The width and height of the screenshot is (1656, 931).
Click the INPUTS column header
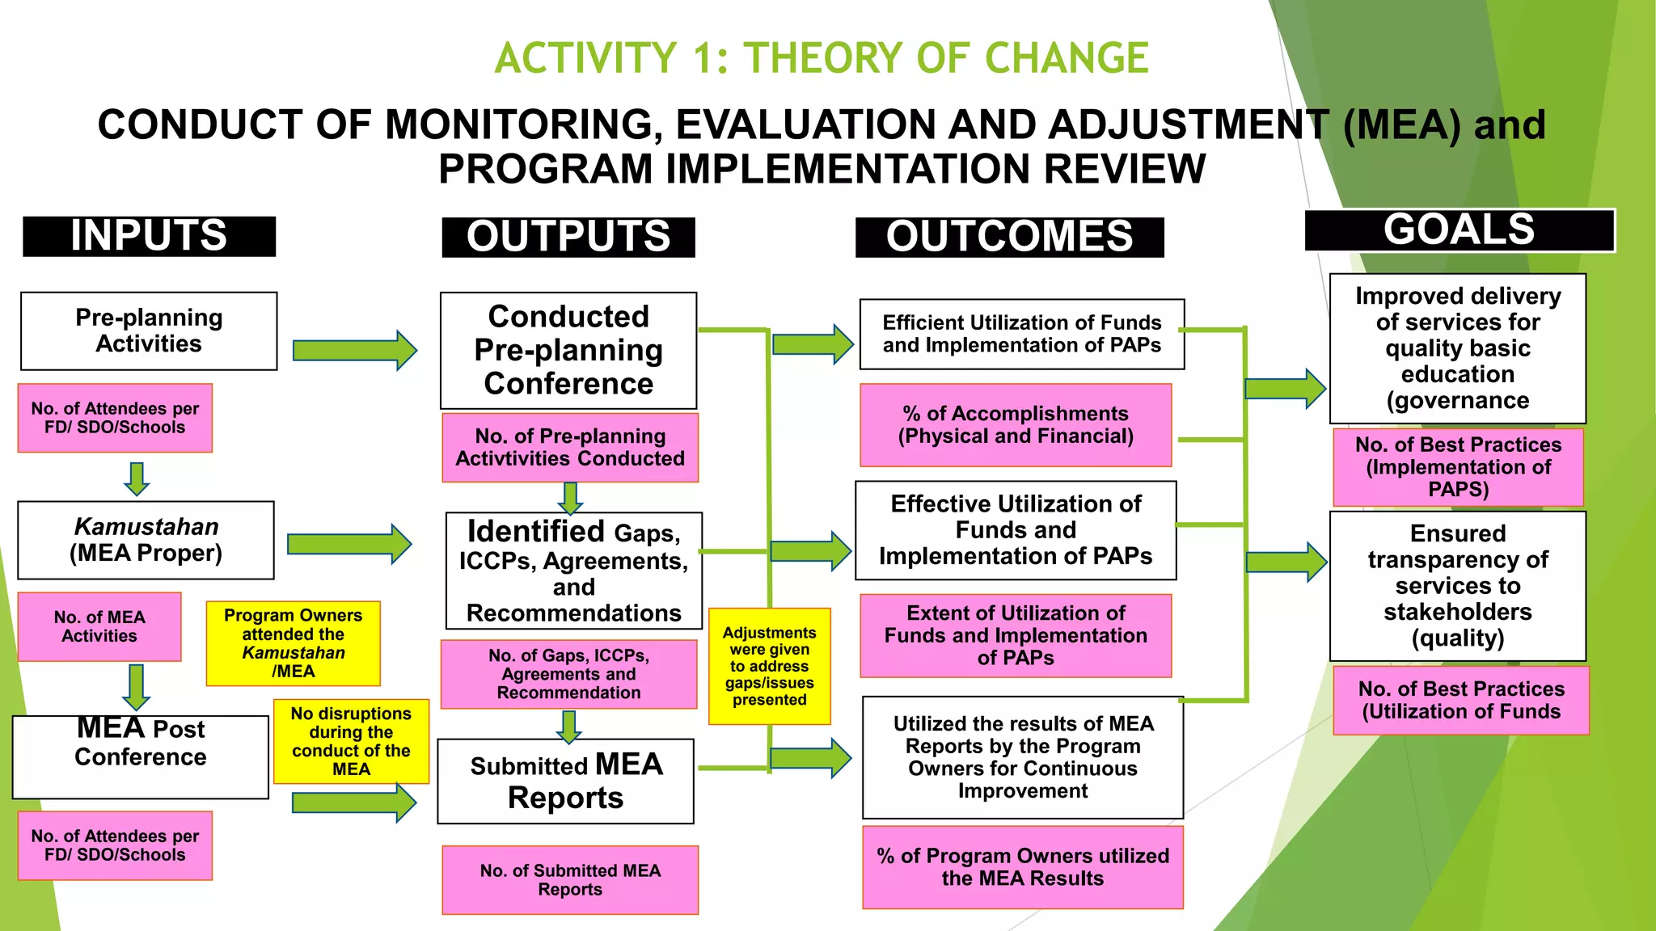[149, 236]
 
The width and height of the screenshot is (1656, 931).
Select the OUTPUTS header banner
[568, 237]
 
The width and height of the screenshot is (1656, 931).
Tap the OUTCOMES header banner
[1009, 237]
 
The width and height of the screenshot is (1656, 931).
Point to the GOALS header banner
[1459, 230]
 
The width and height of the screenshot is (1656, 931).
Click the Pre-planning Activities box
[149, 331]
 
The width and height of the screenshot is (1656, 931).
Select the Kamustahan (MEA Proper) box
[146, 540]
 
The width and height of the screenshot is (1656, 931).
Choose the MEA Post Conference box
[141, 756]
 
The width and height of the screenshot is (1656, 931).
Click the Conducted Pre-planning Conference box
[568, 350]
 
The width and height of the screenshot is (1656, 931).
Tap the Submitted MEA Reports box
[566, 781]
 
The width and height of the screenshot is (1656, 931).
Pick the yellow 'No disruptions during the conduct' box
[351, 741]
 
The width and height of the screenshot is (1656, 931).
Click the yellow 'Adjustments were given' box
[769, 666]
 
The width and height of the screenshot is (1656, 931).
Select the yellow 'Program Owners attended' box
[293, 643]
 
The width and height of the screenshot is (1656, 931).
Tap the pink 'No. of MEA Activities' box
[99, 626]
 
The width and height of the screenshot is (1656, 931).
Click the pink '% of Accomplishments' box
[1016, 425]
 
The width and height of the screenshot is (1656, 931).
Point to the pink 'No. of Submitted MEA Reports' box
[570, 880]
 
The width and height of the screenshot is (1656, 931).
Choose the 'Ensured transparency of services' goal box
[1458, 586]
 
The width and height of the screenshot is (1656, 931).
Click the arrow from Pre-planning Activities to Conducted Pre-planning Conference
[354, 350]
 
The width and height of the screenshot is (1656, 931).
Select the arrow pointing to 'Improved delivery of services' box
[1285, 389]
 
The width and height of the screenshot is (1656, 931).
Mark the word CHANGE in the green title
[1067, 58]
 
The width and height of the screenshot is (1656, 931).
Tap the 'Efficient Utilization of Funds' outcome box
[1022, 334]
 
